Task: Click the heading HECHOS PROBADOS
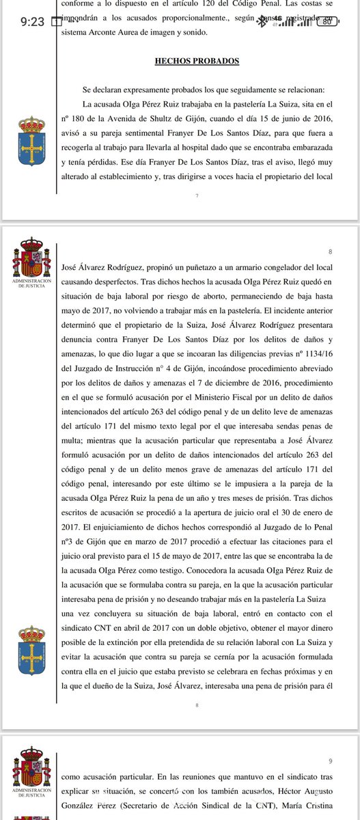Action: (197, 61)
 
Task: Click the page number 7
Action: (197, 195)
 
